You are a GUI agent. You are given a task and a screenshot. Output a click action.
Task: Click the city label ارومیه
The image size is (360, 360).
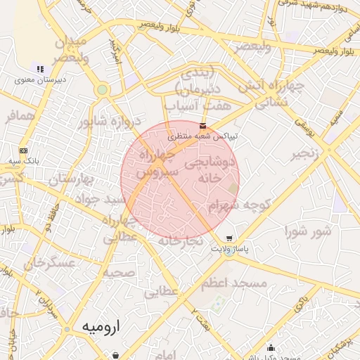point(97,327)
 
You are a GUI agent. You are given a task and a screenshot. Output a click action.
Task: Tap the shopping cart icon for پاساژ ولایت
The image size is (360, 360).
point(229,238)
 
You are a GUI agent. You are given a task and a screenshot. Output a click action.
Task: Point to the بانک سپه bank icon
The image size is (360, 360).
point(24,150)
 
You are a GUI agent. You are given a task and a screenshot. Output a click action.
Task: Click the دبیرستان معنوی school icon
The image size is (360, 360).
point(40,69)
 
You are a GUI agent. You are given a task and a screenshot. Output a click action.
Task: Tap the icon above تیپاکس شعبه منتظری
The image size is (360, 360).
point(203,126)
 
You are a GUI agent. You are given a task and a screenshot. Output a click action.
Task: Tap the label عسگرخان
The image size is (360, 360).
point(50,263)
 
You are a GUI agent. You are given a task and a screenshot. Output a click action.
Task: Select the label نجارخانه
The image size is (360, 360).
point(180,240)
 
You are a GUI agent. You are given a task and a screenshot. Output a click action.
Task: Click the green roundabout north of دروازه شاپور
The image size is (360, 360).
point(103,90)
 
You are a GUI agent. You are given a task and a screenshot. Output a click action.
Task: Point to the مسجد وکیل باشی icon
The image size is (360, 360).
point(271,347)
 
